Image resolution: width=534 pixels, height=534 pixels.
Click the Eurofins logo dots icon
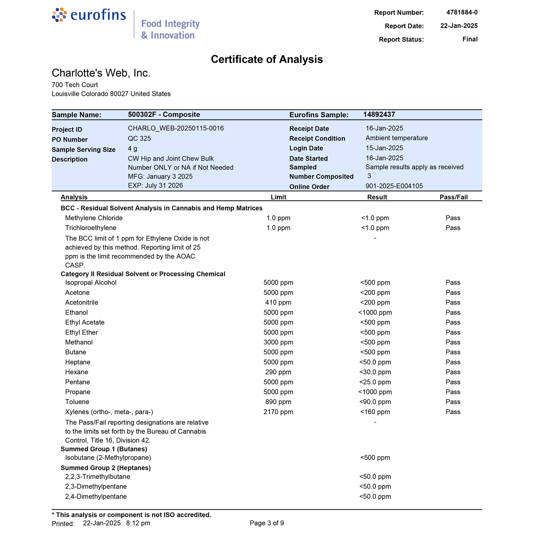(59, 15)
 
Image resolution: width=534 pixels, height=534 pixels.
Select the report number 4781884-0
(462, 12)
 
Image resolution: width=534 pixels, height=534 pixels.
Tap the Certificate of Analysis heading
(267, 59)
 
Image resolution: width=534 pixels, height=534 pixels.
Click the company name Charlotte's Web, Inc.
(101, 73)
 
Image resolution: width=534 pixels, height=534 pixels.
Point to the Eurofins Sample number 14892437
(379, 115)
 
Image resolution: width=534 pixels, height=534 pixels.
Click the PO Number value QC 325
(139, 139)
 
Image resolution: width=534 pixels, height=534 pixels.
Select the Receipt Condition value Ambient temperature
(397, 138)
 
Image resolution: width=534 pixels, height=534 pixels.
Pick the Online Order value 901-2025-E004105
(394, 186)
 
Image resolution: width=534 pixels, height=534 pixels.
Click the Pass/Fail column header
(453, 197)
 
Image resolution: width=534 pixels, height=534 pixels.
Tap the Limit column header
(278, 197)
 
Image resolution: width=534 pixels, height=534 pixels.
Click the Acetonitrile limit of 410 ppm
(278, 303)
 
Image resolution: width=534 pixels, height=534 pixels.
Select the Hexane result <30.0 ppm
(375, 372)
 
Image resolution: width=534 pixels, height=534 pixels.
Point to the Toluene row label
(77, 402)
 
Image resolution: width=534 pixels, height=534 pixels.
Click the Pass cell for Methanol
(453, 343)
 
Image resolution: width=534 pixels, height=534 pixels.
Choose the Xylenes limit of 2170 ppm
(278, 412)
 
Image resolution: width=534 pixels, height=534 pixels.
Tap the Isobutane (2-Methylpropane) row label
(108, 458)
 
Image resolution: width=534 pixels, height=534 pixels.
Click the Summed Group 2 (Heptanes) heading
(106, 468)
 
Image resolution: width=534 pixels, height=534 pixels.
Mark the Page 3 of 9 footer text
(267, 523)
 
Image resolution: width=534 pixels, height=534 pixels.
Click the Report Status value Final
(470, 39)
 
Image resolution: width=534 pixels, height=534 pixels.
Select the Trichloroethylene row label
(91, 228)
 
